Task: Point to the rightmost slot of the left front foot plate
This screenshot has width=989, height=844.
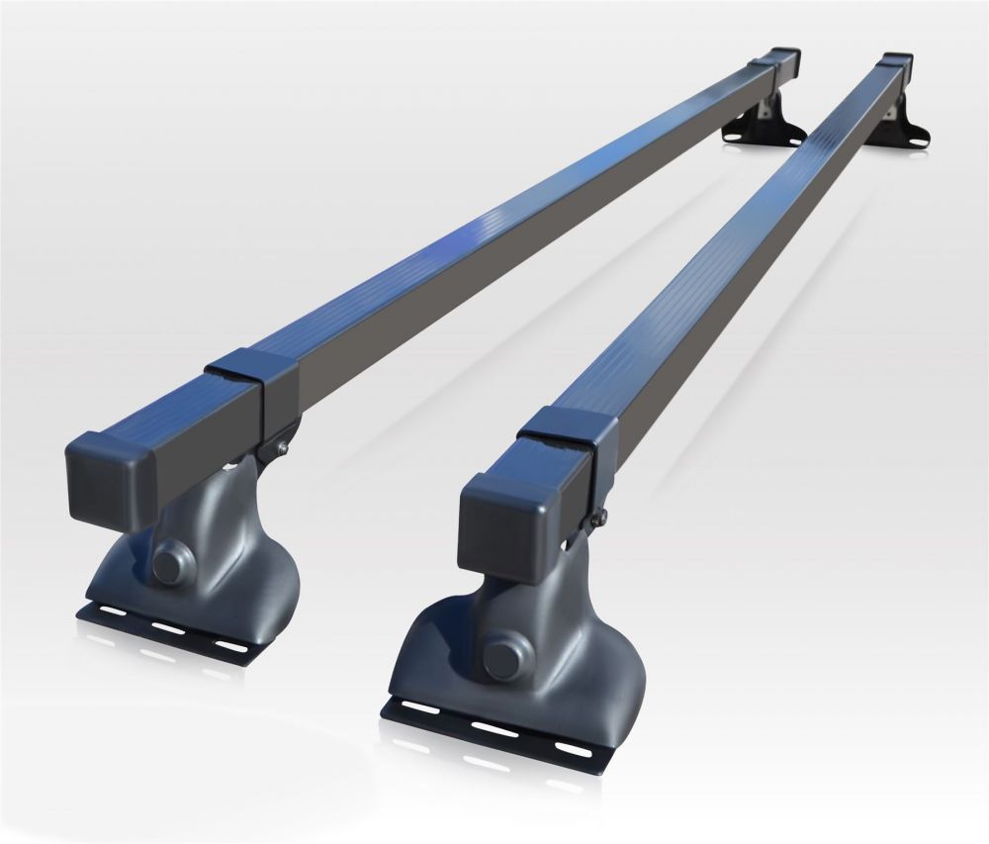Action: click(230, 645)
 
